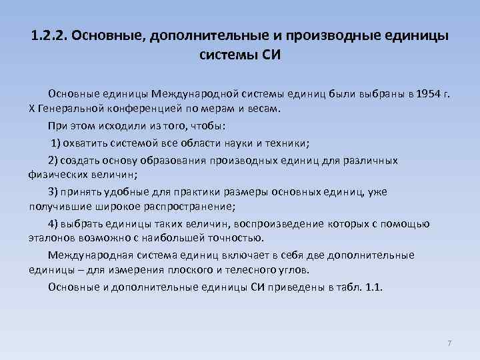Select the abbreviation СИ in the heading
pos(269,55)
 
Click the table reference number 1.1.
pos(373,287)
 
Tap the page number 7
pos(449,343)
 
